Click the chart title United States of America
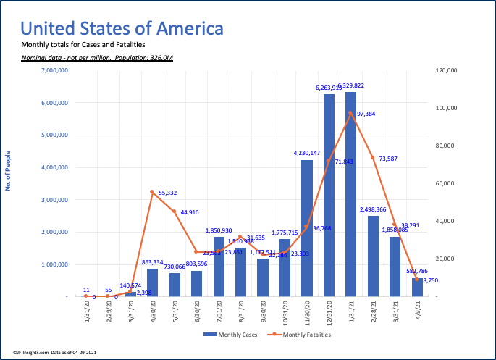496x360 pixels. pos(122,29)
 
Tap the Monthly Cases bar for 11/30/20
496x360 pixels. pos(307,228)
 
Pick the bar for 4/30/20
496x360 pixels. pos(152,282)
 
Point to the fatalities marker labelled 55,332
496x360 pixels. pos(152,192)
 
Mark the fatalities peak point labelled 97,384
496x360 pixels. pos(351,112)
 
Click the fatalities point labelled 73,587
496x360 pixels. pos(373,157)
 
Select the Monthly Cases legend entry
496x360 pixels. pos(227,334)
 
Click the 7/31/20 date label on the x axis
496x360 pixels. pos(219,314)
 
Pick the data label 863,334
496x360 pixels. pos(152,262)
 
